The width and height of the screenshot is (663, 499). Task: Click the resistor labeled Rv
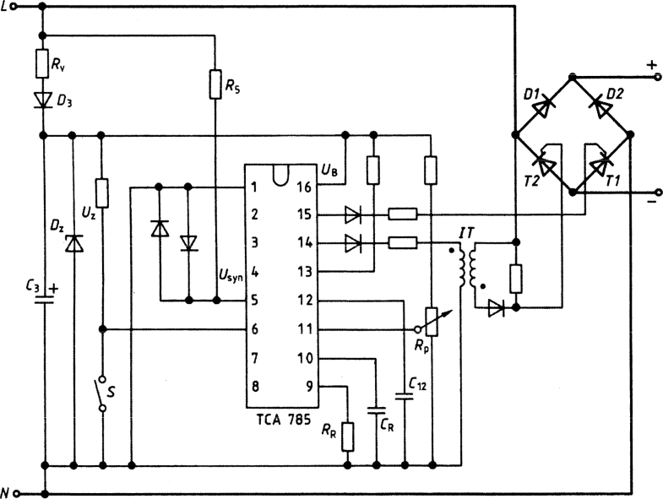41,62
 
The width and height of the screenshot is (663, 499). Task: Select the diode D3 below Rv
41,100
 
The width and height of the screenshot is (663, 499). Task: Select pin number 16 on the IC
306,187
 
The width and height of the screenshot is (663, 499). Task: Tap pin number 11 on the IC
306,329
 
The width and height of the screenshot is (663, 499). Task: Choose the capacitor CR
377,413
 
